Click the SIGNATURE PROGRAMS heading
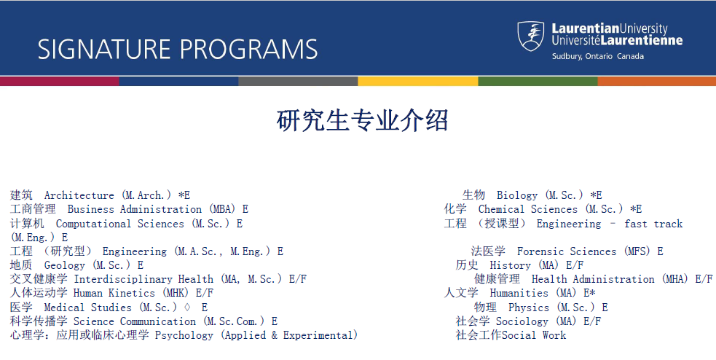pyautogui.click(x=178, y=49)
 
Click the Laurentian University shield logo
pyautogui.click(x=531, y=36)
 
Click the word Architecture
pyautogui.click(x=79, y=195)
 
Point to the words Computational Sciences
pyautogui.click(x=119, y=224)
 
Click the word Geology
pyautogui.click(x=64, y=265)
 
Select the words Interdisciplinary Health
pyautogui.click(x=143, y=279)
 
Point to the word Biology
pyautogui.click(x=516, y=195)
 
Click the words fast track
pyautogui.click(x=653, y=224)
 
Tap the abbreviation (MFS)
pyautogui.click(x=637, y=251)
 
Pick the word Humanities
pyautogui.click(x=519, y=293)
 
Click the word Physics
pyautogui.click(x=528, y=308)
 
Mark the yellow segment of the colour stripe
pyautogui.click(x=417, y=81)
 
